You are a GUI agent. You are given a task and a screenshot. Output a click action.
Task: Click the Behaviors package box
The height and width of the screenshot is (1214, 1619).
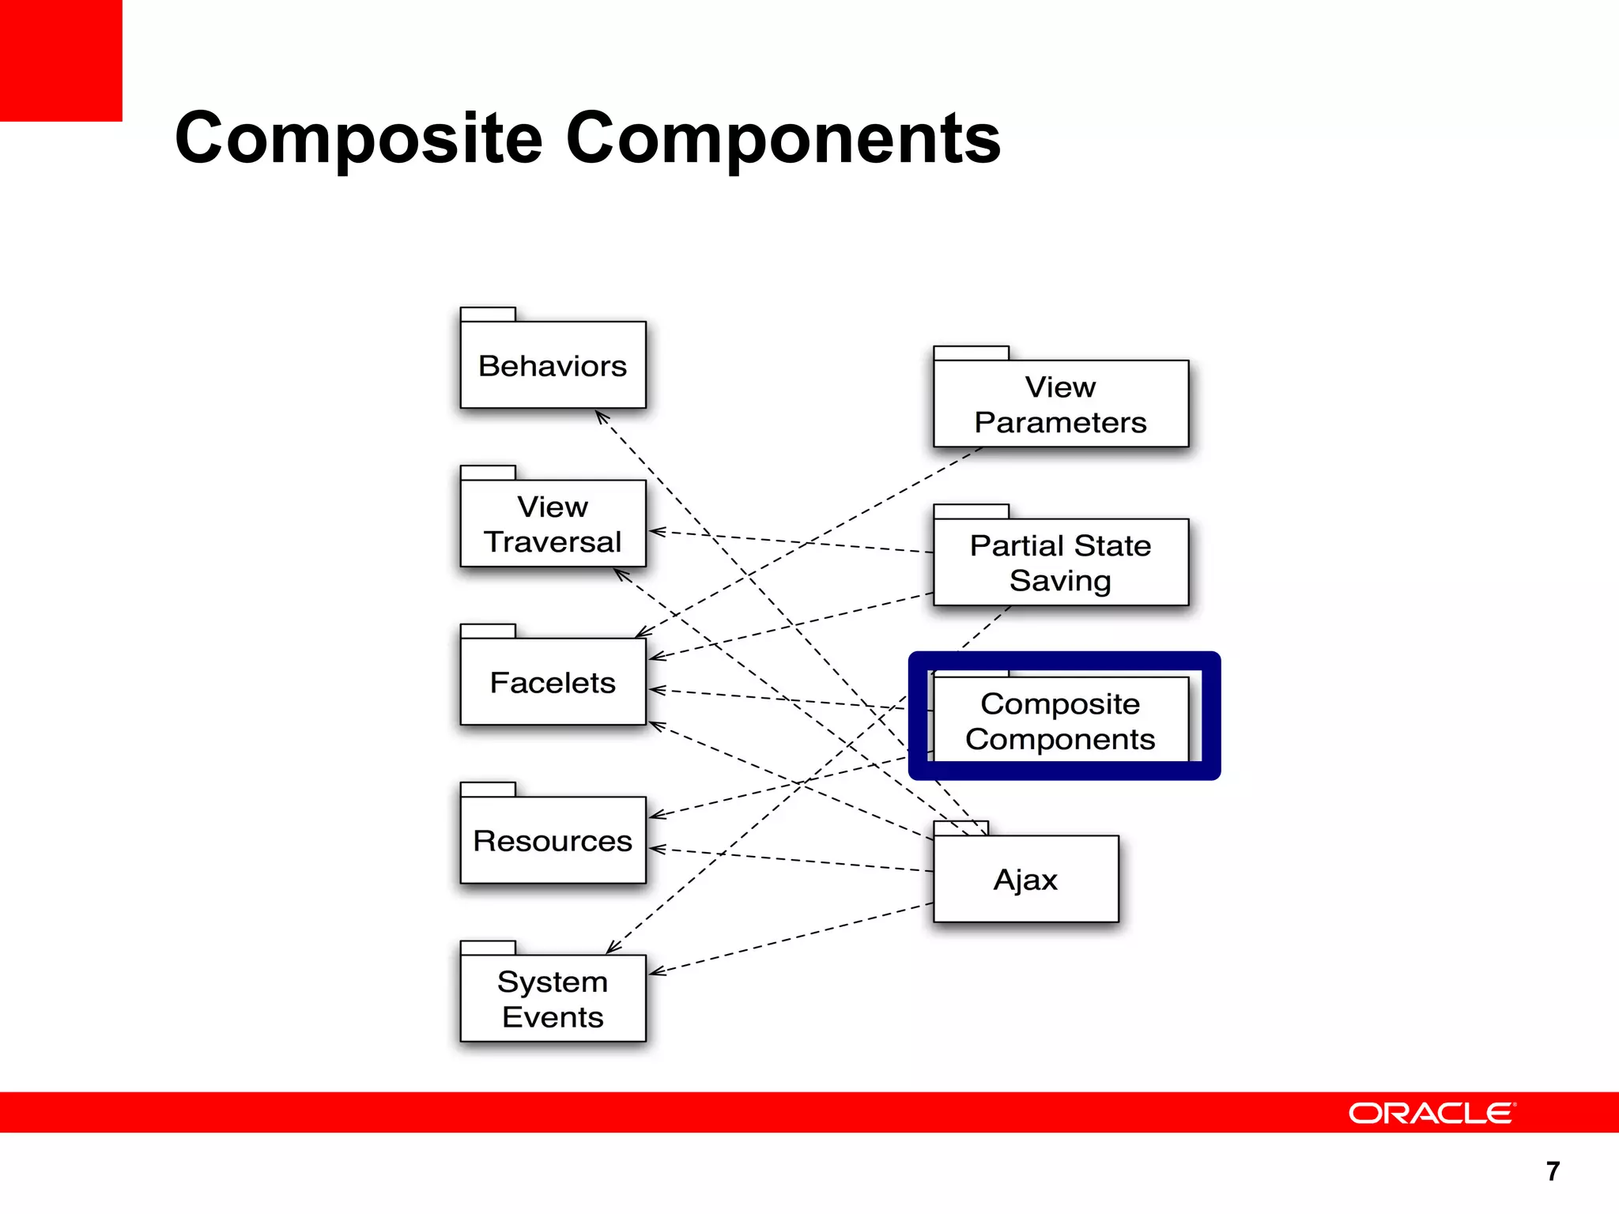553,365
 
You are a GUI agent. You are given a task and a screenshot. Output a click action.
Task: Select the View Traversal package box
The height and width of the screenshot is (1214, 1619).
553,523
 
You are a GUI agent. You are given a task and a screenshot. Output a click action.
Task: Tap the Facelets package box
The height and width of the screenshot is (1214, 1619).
553,682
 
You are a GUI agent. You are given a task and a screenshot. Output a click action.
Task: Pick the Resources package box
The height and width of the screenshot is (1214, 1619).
553,840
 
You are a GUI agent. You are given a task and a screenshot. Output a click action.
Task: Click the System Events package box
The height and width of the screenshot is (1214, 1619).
553,998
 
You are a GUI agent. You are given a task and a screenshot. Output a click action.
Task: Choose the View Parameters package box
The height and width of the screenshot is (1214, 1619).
1060,404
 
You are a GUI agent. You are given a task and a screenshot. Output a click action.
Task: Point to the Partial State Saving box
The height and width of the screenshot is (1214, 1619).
1060,562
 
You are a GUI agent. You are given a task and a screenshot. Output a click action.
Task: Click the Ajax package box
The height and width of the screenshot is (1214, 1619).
1025,879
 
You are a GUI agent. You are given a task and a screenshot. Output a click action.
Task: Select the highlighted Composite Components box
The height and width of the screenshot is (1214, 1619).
1060,720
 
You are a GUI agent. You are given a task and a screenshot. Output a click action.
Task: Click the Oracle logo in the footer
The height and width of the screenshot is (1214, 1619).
1432,1113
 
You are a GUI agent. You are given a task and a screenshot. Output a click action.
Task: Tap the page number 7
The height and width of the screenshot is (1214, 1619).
1553,1171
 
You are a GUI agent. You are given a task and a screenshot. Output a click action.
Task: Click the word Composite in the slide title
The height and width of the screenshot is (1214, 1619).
358,138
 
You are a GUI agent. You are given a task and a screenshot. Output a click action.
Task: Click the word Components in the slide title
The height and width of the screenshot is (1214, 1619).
783,138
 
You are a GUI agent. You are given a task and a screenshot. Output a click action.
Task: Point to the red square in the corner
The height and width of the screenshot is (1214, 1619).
61,60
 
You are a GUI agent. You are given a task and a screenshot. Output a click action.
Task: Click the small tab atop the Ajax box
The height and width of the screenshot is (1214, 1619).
960,828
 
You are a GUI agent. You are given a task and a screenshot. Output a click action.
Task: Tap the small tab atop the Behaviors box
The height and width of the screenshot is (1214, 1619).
488,314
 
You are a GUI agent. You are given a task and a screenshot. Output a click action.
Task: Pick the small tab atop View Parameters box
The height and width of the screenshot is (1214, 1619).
971,353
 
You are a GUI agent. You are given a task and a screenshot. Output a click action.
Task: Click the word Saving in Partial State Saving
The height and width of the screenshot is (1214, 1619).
1060,581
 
